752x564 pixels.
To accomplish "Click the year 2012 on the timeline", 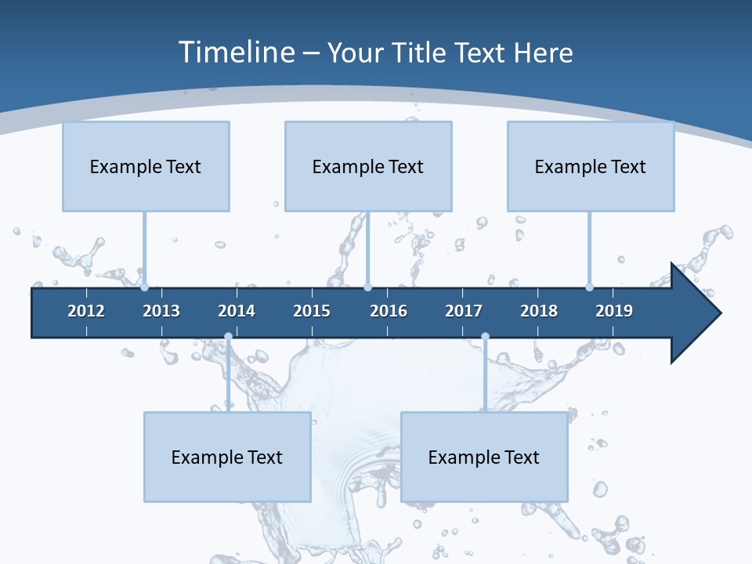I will point(86,311).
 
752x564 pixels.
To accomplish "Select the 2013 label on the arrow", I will point(161,311).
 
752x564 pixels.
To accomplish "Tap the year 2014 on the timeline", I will point(237,311).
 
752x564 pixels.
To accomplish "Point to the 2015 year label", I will point(312,311).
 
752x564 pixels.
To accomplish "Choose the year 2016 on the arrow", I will point(389,311).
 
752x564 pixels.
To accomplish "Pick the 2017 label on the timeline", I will point(464,311).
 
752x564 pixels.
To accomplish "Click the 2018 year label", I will point(539,311).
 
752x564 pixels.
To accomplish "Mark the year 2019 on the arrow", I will point(614,311).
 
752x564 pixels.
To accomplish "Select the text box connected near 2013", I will point(146,166).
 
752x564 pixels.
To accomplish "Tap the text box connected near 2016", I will point(368,166).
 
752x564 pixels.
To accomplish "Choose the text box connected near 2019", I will point(591,166).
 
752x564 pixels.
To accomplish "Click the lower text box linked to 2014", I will point(227,457).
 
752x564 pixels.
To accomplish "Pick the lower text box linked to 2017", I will point(484,457).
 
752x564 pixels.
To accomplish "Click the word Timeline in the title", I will point(237,52).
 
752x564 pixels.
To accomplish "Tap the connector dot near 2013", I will point(144,287).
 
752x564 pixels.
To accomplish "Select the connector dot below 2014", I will point(228,337).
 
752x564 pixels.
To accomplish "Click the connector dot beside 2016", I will point(367,287).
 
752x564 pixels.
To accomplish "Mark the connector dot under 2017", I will point(485,337).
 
